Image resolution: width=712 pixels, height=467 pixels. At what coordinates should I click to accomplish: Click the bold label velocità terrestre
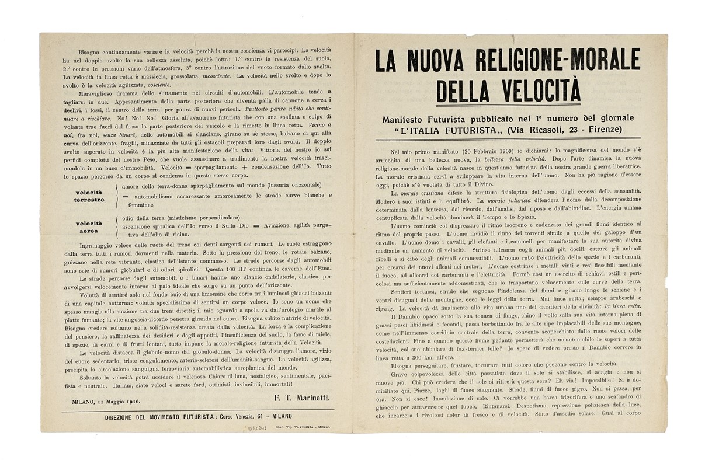point(89,196)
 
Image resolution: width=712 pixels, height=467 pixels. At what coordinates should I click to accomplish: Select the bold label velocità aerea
point(89,226)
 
